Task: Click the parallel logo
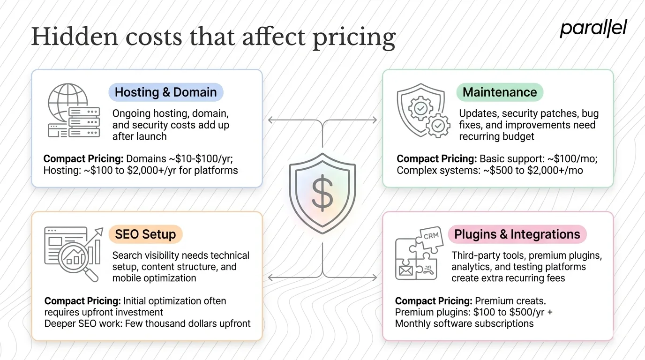[593, 29]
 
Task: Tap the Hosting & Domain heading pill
[165, 92]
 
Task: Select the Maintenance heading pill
[500, 92]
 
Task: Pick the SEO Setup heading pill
[145, 234]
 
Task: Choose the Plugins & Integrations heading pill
[517, 234]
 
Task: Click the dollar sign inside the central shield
[322, 195]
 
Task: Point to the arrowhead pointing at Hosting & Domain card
[270, 120]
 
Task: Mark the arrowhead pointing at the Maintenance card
[374, 120]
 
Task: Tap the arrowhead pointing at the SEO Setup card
[270, 278]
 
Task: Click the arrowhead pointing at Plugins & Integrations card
[374, 278]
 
